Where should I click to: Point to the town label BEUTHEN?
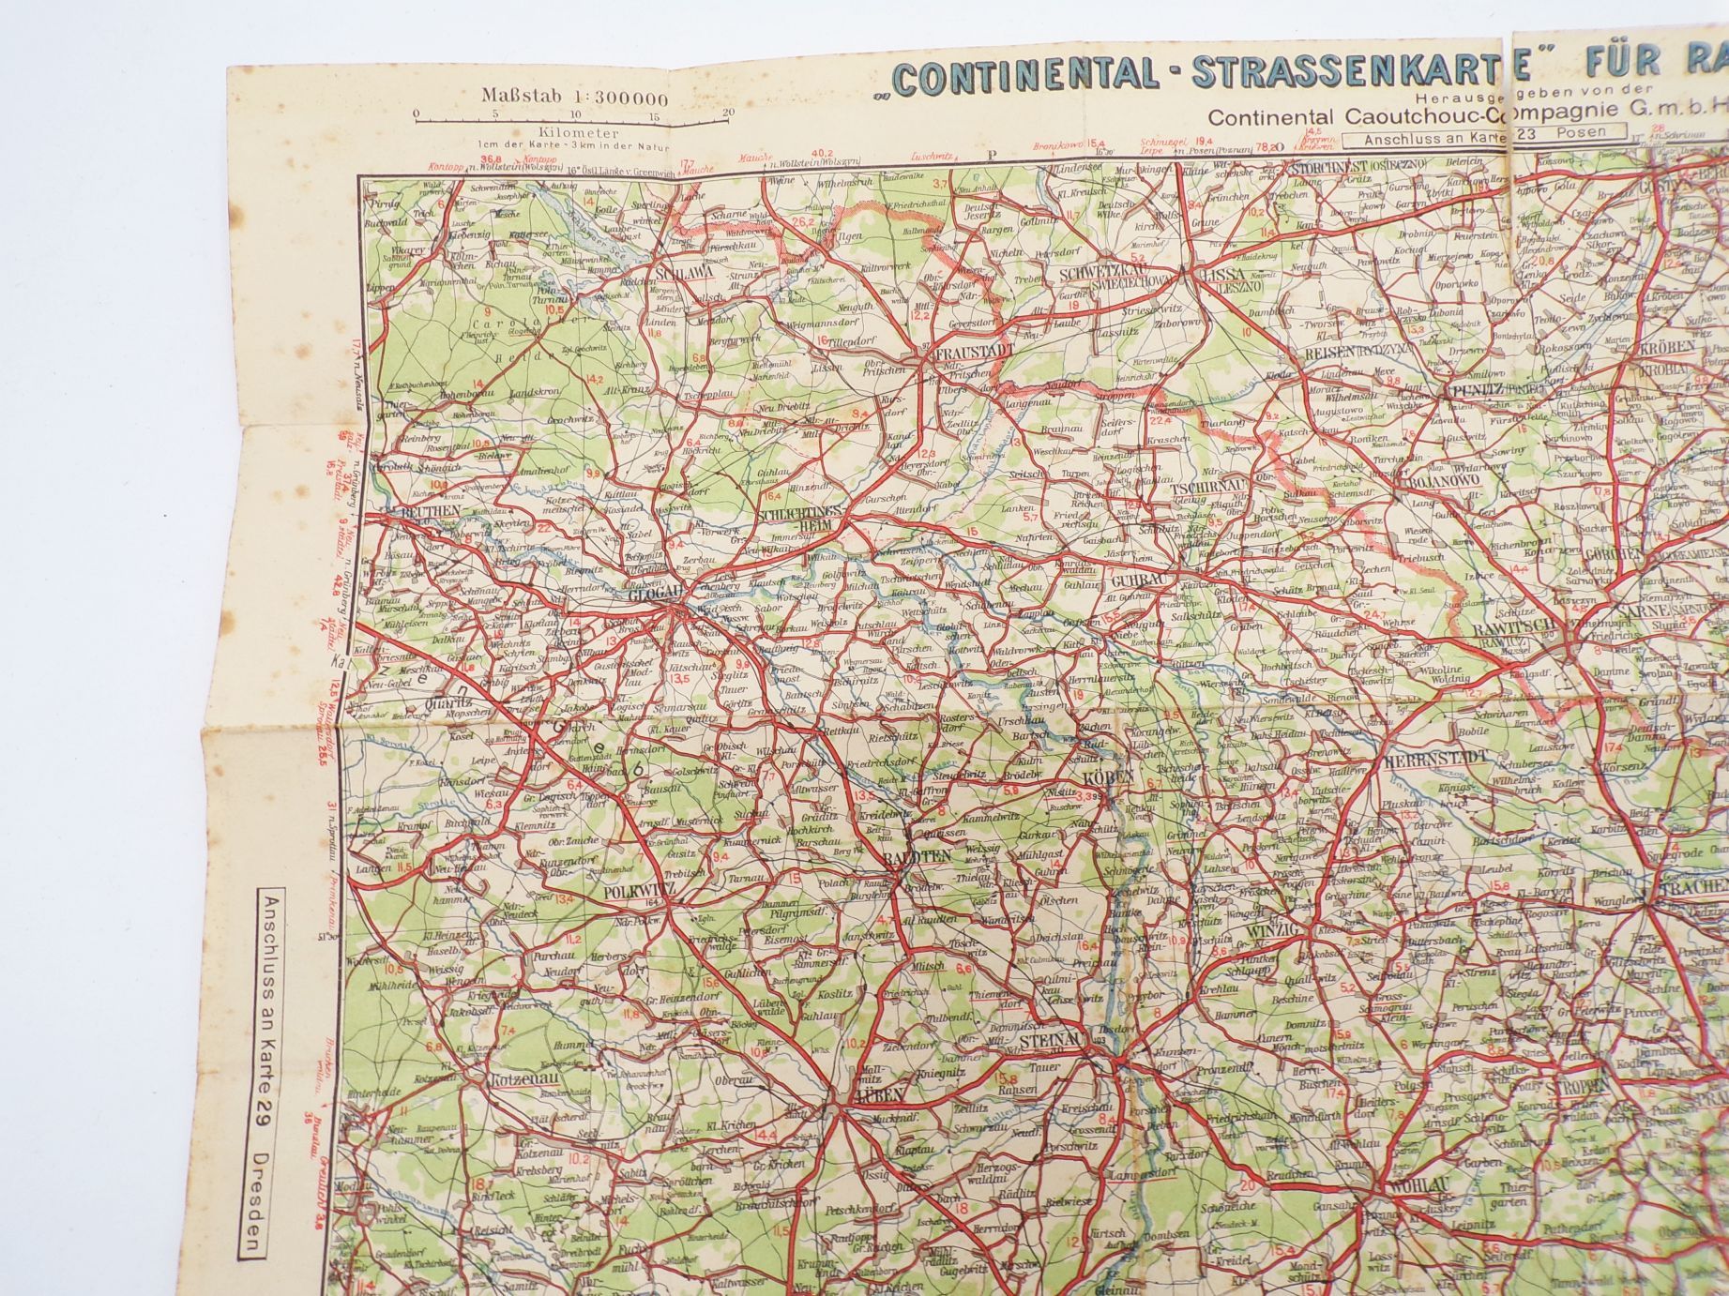[x=430, y=511]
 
